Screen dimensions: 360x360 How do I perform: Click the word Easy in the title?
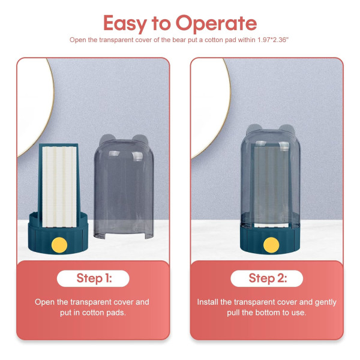click(x=125, y=23)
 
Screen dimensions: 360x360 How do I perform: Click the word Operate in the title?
click(x=216, y=23)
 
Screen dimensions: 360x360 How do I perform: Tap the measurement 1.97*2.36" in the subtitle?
click(x=272, y=40)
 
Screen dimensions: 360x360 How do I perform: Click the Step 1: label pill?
click(x=93, y=278)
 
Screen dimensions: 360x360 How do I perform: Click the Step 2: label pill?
click(x=267, y=278)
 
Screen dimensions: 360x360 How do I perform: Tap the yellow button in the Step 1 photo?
click(x=59, y=245)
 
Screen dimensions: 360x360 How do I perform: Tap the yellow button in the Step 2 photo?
click(x=271, y=245)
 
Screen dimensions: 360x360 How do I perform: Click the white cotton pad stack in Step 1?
click(x=59, y=187)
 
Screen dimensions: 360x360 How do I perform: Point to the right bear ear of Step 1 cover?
click(x=140, y=139)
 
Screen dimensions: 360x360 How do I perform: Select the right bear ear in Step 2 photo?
click(x=287, y=129)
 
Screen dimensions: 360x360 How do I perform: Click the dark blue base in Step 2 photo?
click(x=270, y=240)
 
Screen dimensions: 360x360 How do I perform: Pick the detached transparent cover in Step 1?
click(x=124, y=187)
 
